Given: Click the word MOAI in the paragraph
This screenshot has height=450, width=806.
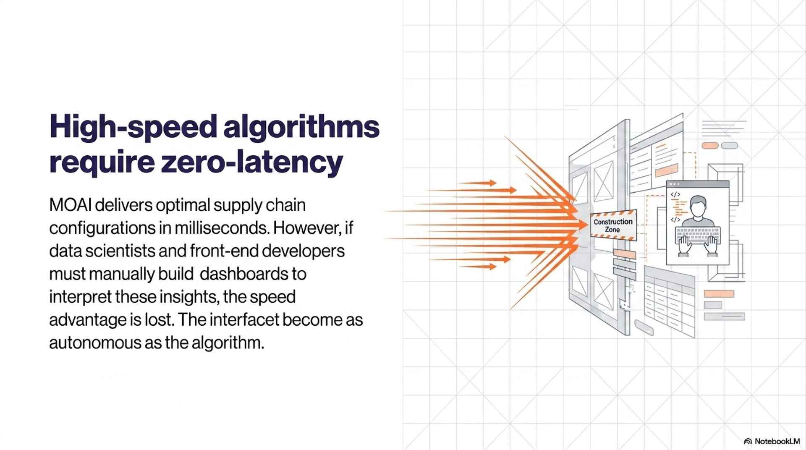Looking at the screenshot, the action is tap(71, 205).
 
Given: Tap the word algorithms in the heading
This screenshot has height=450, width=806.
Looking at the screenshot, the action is tap(301, 127).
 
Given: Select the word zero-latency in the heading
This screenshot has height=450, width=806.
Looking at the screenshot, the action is tap(251, 162).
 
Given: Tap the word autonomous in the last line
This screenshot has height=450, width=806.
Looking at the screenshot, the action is tap(95, 343).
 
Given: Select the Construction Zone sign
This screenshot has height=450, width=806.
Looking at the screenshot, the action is tap(613, 225).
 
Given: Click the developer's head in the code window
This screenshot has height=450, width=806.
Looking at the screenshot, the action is tap(698, 207).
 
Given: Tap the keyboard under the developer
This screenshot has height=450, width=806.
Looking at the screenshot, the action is tap(698, 235).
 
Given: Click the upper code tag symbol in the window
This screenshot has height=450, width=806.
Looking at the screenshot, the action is tap(675, 194).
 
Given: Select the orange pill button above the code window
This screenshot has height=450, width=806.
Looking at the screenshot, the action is tap(710, 146).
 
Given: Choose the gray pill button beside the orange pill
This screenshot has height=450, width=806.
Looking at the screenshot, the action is tap(729, 146).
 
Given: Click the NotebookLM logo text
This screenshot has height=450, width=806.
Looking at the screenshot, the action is tap(777, 441).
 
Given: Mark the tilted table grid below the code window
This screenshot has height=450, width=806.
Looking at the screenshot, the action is tap(669, 302).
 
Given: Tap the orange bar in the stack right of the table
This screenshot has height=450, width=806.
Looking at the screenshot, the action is tap(719, 294).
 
